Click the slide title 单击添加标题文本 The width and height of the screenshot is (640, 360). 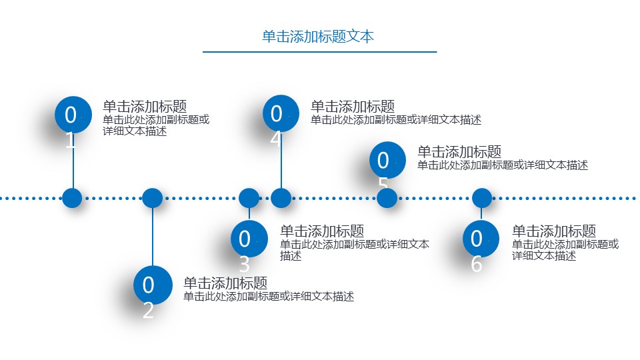(x=318, y=37)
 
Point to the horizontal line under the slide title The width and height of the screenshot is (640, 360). (x=319, y=52)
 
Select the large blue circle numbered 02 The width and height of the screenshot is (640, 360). (x=152, y=285)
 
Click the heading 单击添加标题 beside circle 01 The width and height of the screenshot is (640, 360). (x=145, y=107)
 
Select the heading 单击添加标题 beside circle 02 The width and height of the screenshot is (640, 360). (x=225, y=283)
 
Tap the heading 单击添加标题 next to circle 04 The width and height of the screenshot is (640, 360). (x=353, y=107)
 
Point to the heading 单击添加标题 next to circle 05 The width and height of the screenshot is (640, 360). (x=459, y=152)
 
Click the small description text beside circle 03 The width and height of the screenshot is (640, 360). (x=354, y=249)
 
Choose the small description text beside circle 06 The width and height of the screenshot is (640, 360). (x=565, y=249)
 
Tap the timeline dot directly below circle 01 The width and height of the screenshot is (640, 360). (x=71, y=198)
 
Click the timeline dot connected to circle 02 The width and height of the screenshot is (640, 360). (x=153, y=198)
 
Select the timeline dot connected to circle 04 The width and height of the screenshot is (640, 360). (x=281, y=198)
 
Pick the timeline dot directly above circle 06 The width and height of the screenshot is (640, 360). (x=481, y=198)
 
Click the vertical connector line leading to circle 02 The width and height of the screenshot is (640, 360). (x=153, y=237)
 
